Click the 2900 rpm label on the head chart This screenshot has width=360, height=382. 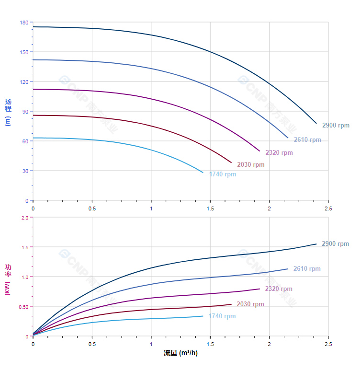[336, 125]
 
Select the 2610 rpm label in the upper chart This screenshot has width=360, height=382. [307, 140]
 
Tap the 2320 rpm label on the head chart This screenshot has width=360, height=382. [279, 152]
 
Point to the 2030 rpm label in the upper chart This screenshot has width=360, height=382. [250, 164]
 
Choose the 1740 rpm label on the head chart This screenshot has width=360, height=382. [223, 174]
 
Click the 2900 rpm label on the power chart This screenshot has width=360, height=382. [335, 243]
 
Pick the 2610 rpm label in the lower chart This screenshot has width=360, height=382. [307, 268]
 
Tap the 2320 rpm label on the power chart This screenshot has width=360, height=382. [279, 289]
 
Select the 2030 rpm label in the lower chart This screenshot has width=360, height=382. [250, 304]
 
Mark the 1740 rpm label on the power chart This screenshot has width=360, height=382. [222, 316]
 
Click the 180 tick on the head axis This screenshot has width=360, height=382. [24, 23]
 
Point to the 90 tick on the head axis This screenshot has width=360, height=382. [25, 111]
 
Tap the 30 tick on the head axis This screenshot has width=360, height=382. [25, 171]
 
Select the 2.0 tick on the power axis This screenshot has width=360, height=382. [24, 217]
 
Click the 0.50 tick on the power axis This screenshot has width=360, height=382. [23, 306]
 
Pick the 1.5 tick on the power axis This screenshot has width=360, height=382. [24, 247]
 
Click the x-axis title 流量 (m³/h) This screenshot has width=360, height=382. [180, 353]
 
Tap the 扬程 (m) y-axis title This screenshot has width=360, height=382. [8, 112]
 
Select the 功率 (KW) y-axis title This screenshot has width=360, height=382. [8, 279]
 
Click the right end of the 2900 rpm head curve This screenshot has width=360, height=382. [316, 123]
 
